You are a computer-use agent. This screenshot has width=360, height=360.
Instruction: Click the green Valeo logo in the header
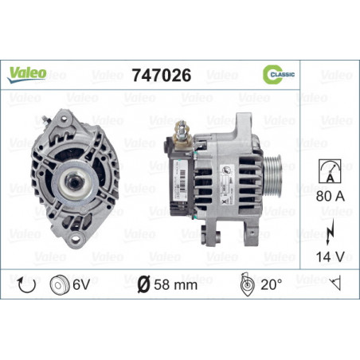(x=27, y=73)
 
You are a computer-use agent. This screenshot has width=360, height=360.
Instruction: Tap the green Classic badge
(x=279, y=74)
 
